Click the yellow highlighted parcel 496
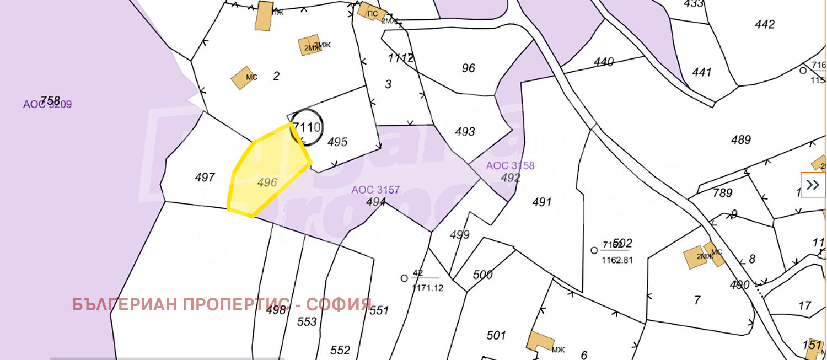(269, 174)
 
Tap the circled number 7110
(307, 128)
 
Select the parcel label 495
(337, 142)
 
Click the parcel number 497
(205, 178)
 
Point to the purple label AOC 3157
(375, 190)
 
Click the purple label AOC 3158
(510, 165)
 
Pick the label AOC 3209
(47, 104)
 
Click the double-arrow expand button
(813, 185)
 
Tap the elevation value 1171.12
(427, 288)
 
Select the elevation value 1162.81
(616, 260)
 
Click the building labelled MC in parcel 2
(241, 78)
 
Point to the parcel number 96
(468, 68)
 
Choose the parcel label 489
(741, 140)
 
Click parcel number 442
(765, 24)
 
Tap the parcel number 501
(496, 335)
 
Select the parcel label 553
(307, 322)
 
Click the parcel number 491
(541, 202)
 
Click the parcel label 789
(722, 193)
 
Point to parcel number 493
(465, 132)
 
